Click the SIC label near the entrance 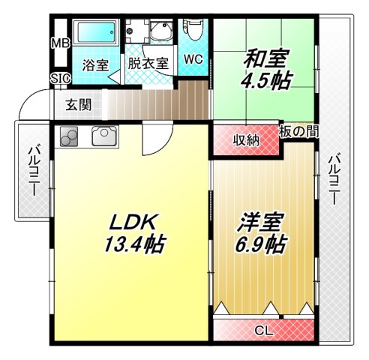tap(59, 78)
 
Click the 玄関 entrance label tap(78, 105)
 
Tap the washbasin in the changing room tap(160, 31)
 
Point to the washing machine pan tap(136, 32)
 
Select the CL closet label tap(262, 330)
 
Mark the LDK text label tap(133, 222)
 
